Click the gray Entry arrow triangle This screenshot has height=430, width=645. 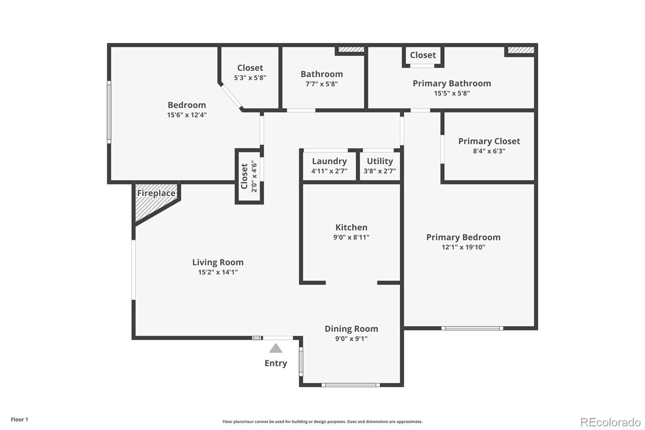click(x=276, y=348)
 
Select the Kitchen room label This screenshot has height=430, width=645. click(x=351, y=227)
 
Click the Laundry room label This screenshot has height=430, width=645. click(x=329, y=161)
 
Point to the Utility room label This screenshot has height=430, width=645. click(x=380, y=161)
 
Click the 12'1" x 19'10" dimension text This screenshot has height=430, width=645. click(x=463, y=247)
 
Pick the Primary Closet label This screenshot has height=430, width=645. click(x=489, y=141)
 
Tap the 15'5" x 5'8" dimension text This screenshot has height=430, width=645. click(x=451, y=93)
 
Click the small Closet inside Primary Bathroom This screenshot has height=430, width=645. click(x=423, y=55)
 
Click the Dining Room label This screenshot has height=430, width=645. click(x=351, y=329)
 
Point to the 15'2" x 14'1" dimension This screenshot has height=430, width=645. click(x=218, y=272)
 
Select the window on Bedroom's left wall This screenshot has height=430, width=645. click(x=109, y=112)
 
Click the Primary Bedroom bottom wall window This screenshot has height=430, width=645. click(x=472, y=328)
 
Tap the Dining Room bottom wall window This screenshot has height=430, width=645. click(x=351, y=385)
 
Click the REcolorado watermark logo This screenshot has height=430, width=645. click(x=610, y=422)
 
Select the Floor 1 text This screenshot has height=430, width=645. click(x=19, y=420)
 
